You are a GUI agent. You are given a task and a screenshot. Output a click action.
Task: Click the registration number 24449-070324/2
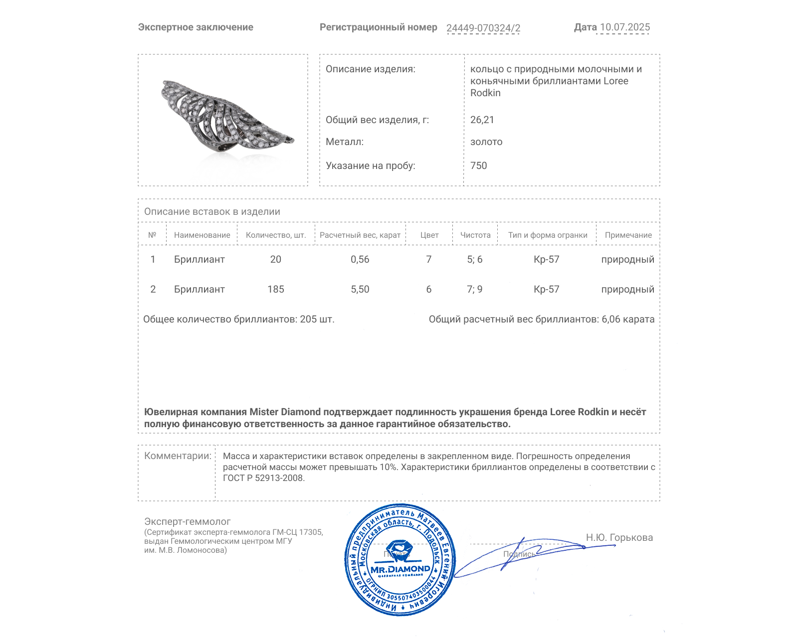coord(483,28)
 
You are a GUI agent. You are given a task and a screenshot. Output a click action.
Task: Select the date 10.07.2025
coord(624,27)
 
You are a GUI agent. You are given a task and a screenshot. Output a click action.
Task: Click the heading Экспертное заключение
coord(196,27)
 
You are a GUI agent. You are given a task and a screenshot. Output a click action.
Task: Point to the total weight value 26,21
coord(482,120)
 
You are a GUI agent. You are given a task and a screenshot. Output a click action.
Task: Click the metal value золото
coord(486,142)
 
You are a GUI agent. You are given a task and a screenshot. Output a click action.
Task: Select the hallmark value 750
coord(478,165)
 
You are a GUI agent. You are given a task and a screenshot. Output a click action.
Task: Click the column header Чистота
coord(475,235)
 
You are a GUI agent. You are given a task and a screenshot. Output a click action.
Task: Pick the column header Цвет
coord(429,235)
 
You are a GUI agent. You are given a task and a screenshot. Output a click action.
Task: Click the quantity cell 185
coord(275,289)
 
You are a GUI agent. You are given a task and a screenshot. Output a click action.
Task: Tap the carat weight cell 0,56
coord(360,259)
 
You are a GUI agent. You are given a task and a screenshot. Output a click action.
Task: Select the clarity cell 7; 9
coord(474,289)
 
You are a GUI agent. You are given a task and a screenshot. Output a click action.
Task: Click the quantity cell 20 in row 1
coord(275,259)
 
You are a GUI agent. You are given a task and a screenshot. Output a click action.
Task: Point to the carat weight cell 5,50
coord(360,289)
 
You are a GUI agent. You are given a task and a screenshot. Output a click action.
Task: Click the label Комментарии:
coord(178,456)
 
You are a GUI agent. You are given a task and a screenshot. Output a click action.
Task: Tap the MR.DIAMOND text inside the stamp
coord(400,569)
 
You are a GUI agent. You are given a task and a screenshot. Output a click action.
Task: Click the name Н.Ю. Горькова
coord(619,537)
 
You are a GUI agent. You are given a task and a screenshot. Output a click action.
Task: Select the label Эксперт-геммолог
coord(187,521)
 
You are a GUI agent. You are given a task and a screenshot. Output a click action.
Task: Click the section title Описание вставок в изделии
coord(212,211)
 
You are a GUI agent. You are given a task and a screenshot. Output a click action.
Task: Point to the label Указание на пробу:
coord(370,165)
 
